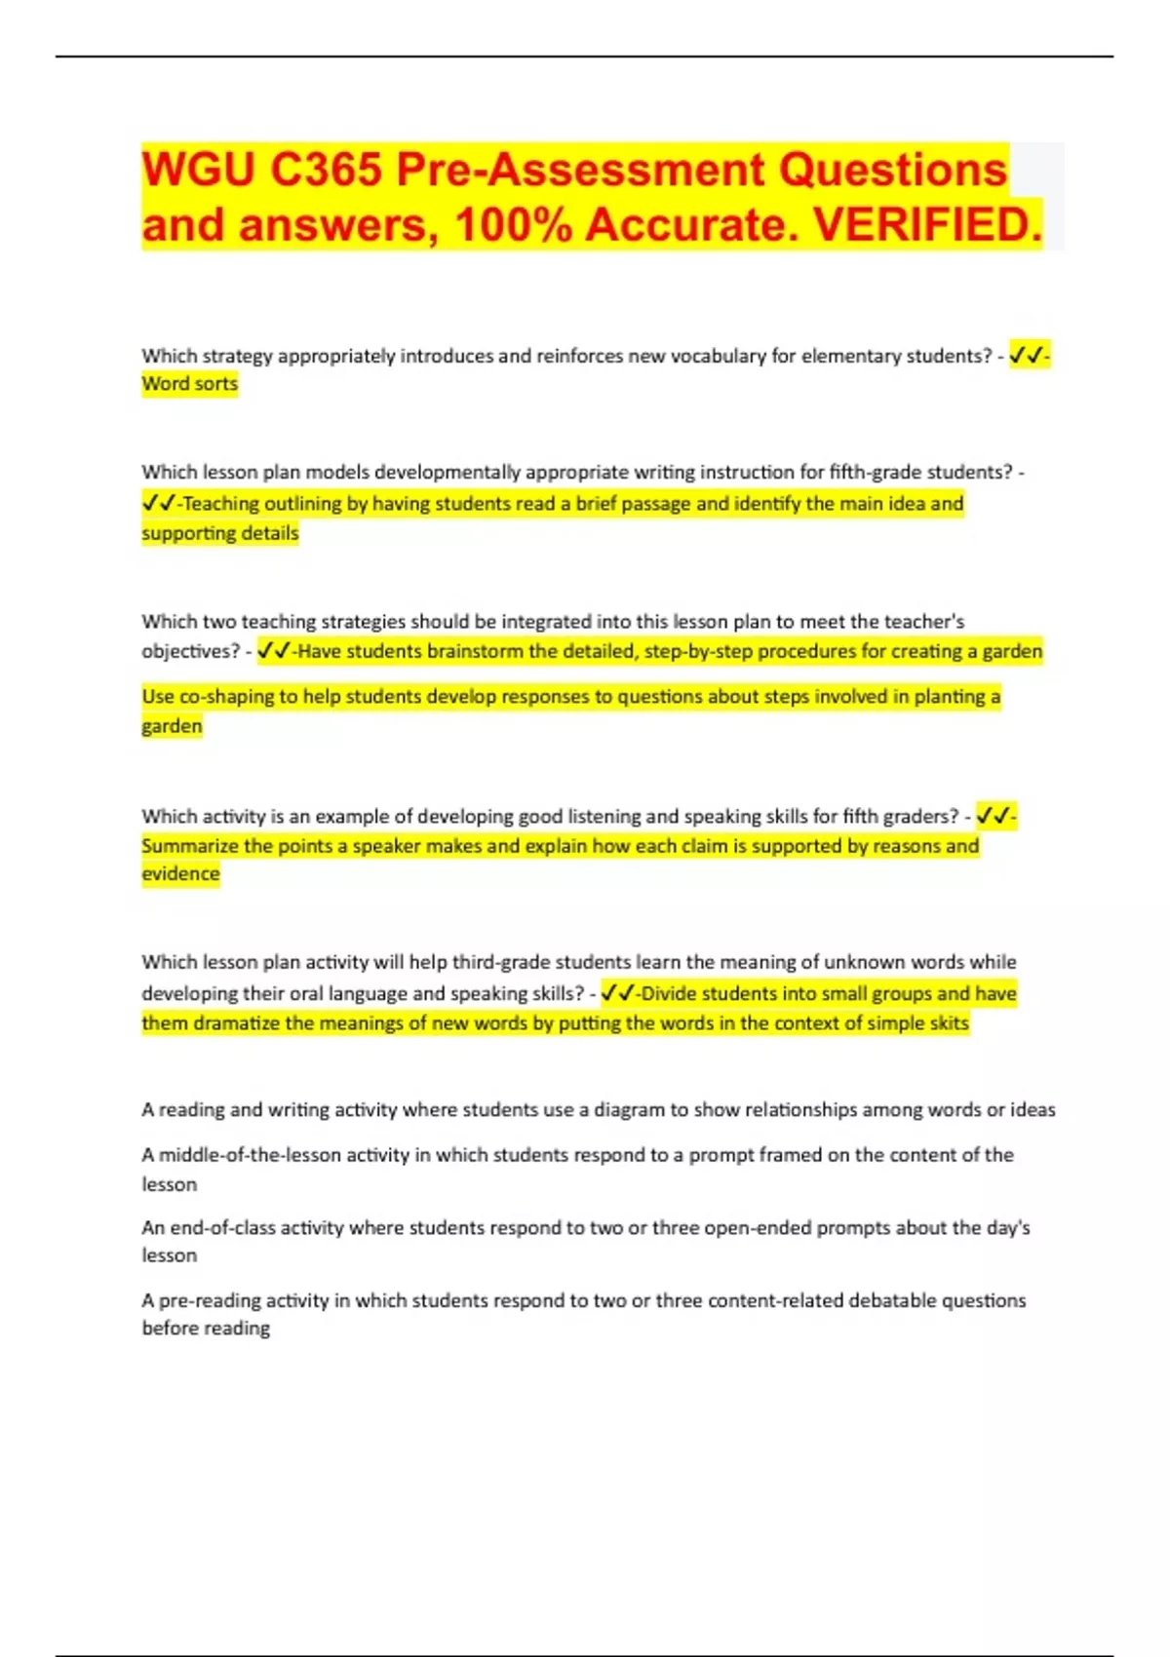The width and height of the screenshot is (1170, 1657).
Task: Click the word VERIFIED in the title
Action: click(x=926, y=225)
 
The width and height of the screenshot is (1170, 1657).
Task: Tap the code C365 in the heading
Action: click(x=326, y=170)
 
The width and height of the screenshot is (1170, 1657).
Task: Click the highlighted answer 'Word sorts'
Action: click(x=189, y=384)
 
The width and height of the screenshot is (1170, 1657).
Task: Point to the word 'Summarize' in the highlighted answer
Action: click(x=189, y=846)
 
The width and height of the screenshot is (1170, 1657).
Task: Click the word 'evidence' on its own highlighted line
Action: click(x=180, y=874)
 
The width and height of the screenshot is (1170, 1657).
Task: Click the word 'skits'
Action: click(x=948, y=1023)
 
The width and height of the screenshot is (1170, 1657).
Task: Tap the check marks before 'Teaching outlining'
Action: click(x=158, y=504)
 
